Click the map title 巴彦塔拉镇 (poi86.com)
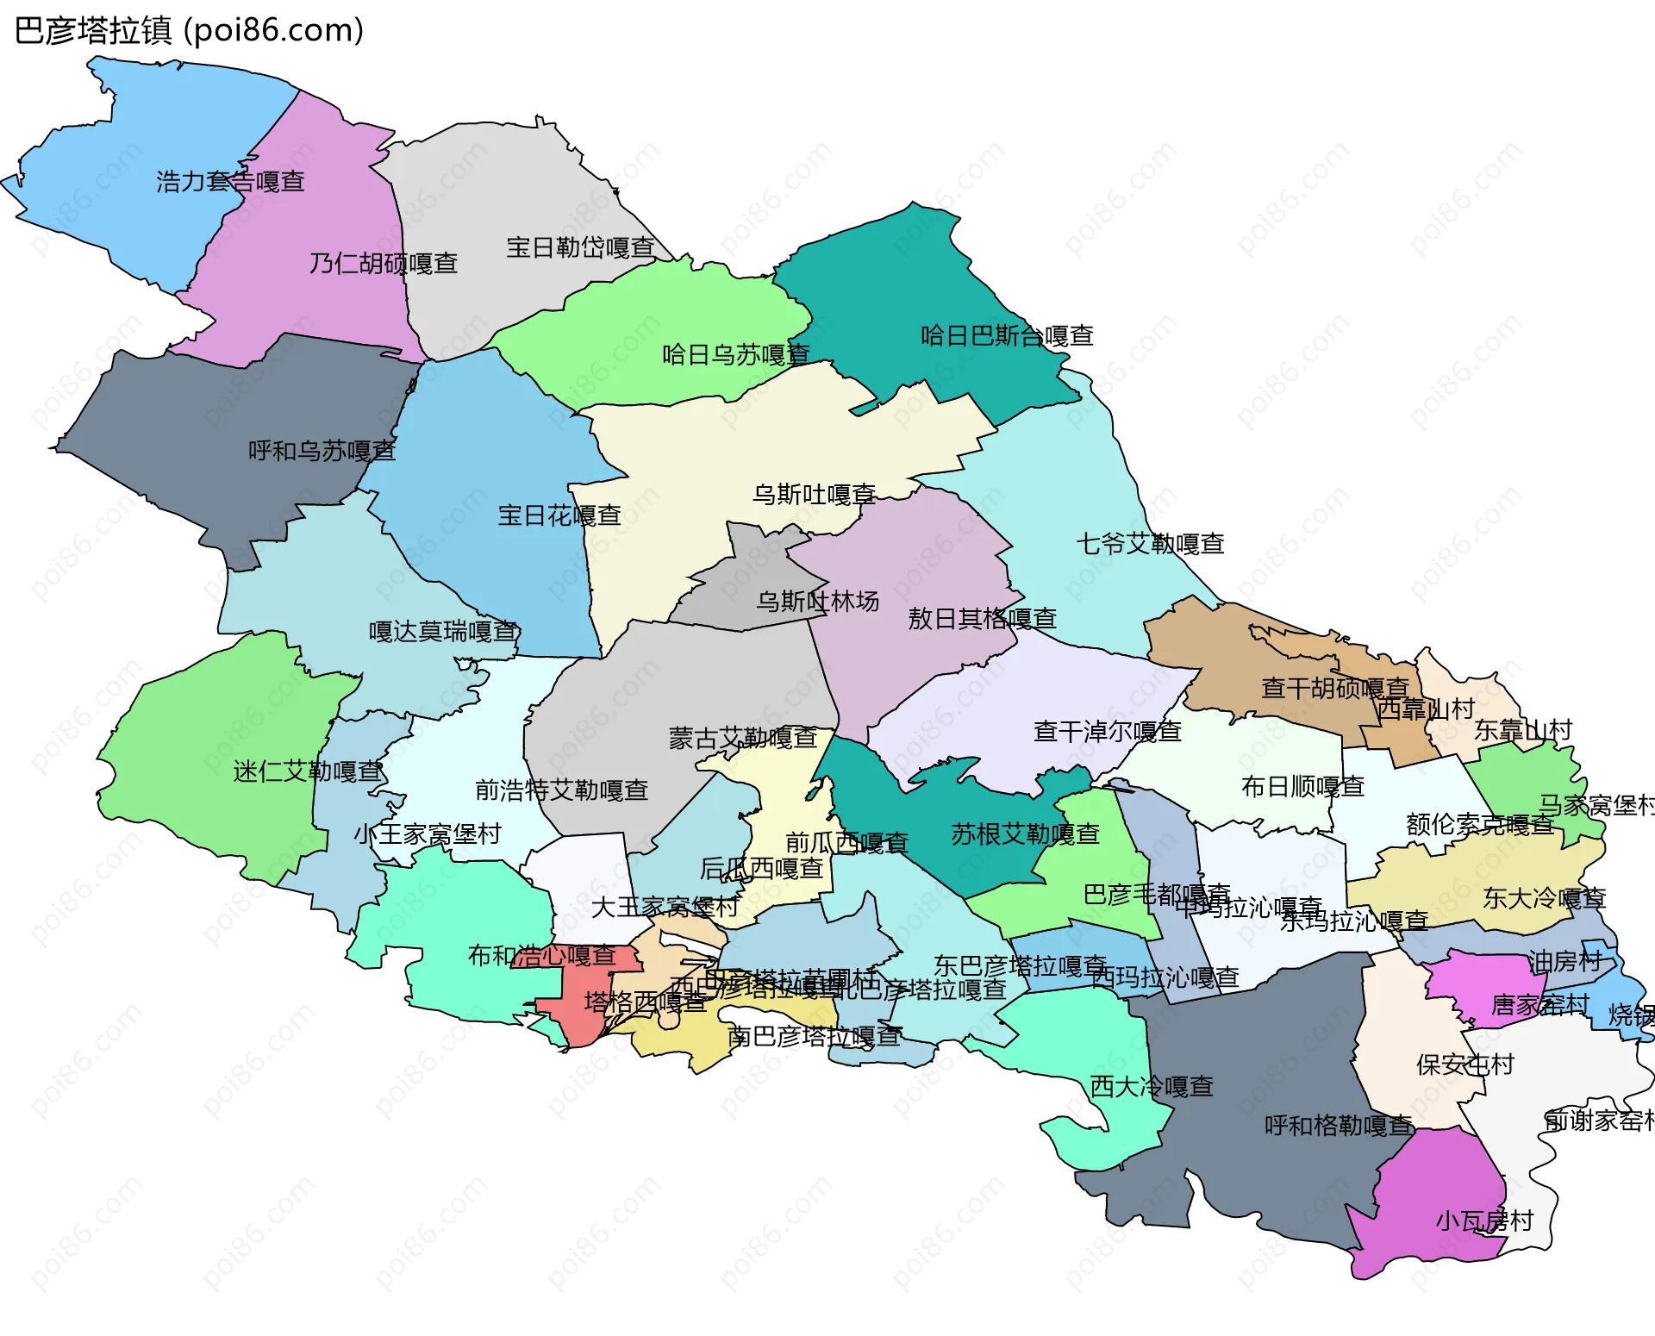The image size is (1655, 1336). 189,30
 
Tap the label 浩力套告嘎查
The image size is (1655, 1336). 230,182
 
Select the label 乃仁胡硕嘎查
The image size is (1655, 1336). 384,263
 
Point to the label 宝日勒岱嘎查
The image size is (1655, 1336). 580,247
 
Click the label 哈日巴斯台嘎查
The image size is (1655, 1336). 1007,335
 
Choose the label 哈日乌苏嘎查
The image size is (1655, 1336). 735,354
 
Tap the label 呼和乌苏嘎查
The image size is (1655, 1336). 322,451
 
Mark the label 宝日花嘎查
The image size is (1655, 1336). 559,515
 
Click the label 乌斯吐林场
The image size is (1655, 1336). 817,601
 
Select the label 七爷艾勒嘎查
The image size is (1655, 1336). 1150,544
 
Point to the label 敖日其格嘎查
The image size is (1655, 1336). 982,618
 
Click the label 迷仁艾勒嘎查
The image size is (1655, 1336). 308,771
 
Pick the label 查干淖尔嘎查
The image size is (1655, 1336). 1107,731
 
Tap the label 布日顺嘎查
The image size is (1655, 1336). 1302,786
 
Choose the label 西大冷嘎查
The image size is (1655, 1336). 1152,1086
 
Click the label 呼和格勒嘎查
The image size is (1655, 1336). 1339,1125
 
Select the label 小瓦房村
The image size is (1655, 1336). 1484,1221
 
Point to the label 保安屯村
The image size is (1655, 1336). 1465,1064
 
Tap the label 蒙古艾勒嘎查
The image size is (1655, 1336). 743,738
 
